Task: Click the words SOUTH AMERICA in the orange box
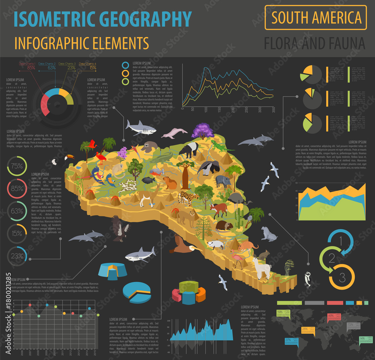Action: tap(316, 18)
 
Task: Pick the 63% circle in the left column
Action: tap(16, 211)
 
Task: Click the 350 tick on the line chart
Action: tap(273, 109)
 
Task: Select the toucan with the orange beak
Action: tap(62, 160)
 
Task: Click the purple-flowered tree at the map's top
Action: tap(202, 131)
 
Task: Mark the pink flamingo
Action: tap(237, 258)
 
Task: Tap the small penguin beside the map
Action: tap(307, 279)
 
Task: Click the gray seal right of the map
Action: tap(269, 234)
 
